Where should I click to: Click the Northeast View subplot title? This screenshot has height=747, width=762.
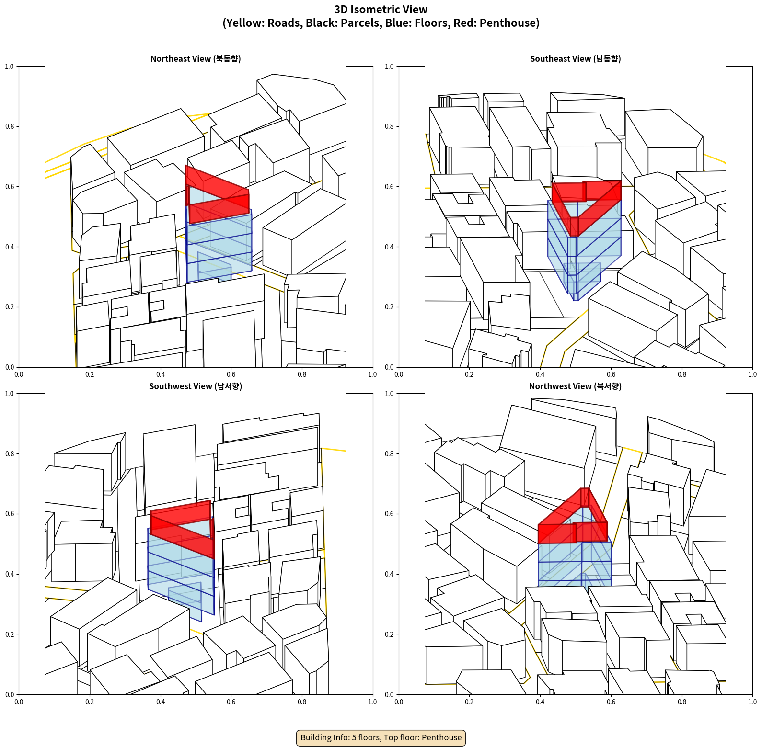coord(196,59)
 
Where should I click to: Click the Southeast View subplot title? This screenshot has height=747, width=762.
coord(575,59)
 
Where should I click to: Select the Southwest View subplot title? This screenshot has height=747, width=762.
coord(196,386)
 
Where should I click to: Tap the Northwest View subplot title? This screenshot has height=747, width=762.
coord(575,386)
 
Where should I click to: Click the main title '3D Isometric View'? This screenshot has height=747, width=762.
coord(381,10)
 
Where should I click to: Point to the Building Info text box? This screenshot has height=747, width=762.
coord(381,737)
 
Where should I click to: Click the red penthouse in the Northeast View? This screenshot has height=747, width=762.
coord(217,194)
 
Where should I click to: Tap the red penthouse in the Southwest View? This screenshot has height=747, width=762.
coord(183,527)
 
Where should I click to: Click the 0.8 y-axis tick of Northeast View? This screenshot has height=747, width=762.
coord(10,126)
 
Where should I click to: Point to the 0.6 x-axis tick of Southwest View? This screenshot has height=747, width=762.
coord(231,702)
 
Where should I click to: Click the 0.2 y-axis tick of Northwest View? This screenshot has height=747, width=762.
coord(389,634)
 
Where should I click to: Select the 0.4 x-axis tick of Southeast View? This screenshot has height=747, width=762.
coord(540,374)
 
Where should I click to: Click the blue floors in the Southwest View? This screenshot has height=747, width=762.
coord(181,575)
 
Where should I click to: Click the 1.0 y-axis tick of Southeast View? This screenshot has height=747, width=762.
coord(389,66)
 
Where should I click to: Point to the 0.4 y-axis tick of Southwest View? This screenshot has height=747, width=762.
coord(10,574)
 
